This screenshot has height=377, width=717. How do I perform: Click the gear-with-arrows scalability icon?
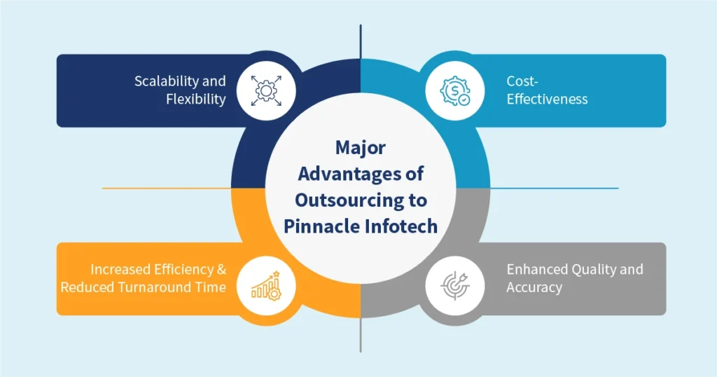[266, 90]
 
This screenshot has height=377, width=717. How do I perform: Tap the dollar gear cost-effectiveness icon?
[454, 90]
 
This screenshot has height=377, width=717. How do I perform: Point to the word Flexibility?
[196, 100]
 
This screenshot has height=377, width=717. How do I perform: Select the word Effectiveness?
[547, 100]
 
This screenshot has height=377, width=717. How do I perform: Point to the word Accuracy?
[534, 287]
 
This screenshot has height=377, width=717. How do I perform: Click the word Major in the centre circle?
[360, 149]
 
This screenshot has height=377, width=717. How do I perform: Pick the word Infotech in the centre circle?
[401, 226]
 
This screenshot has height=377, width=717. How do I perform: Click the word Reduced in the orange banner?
[87, 287]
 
